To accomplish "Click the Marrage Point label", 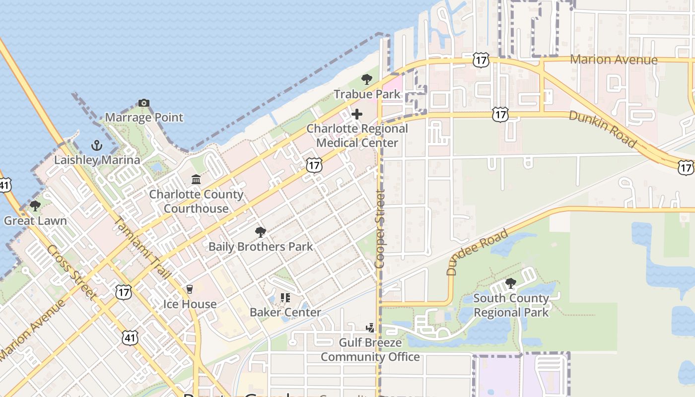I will coord(144,118).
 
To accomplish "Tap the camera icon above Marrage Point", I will coord(144,103).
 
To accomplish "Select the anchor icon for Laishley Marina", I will coord(97,145).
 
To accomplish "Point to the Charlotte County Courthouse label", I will coord(196,201).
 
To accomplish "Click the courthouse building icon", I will coord(196,179).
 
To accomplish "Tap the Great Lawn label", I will coord(35,220).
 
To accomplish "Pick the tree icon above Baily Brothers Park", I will coord(260,232).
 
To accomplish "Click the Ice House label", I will coord(190,304).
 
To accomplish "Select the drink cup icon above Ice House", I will coord(189,289).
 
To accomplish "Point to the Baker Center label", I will coord(285,312).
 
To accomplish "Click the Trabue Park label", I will coord(367,94).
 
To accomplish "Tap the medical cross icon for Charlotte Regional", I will coord(356,114).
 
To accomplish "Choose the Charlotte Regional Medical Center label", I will coord(357,135).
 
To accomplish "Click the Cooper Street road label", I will coord(380,229).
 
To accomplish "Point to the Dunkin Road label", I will coord(602,129).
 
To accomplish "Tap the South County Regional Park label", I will coord(511,305).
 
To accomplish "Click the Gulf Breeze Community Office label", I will coord(370,350).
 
